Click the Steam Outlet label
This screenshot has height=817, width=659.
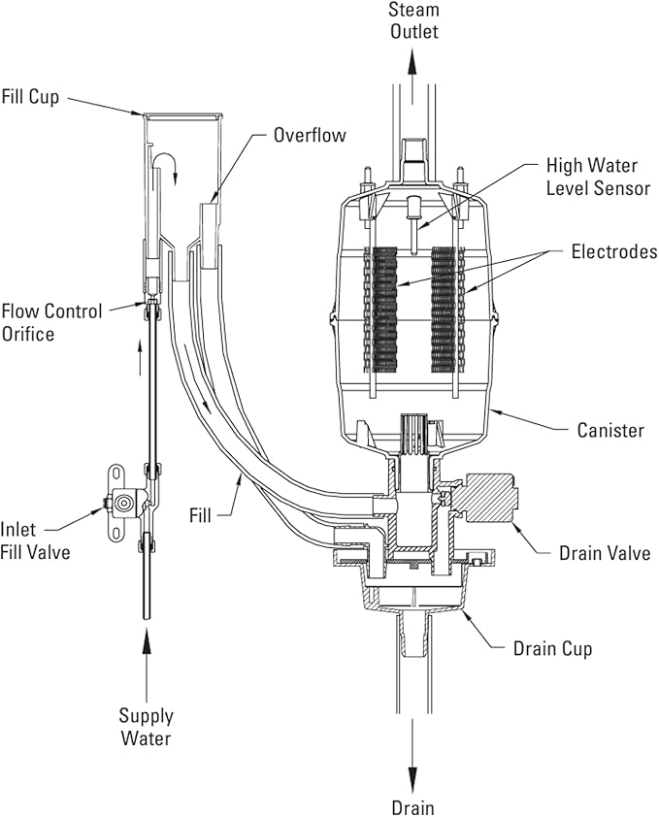413,20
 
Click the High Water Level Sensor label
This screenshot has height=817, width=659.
598,176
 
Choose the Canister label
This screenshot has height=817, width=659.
609,429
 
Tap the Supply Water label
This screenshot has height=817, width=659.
147,728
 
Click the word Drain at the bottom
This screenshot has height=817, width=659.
412,806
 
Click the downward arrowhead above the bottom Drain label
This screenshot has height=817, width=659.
412,779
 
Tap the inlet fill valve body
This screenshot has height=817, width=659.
123,505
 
